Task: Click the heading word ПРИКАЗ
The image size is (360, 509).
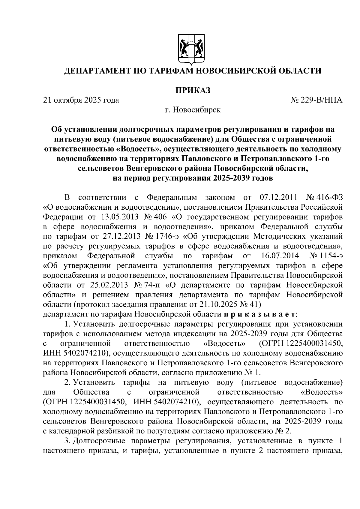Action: click(192, 90)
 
